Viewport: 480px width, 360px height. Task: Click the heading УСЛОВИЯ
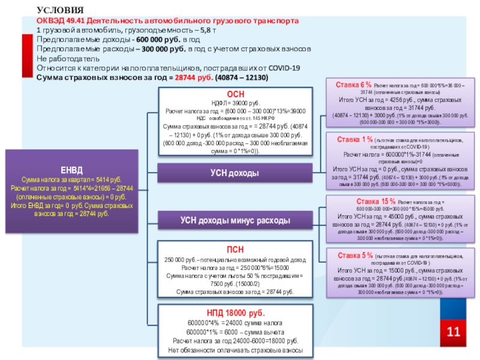[x=56, y=10]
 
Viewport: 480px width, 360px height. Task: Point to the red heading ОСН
[x=235, y=95]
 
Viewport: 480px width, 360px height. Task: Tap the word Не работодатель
[x=66, y=59]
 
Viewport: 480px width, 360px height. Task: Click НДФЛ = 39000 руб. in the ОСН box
[x=235, y=103]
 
